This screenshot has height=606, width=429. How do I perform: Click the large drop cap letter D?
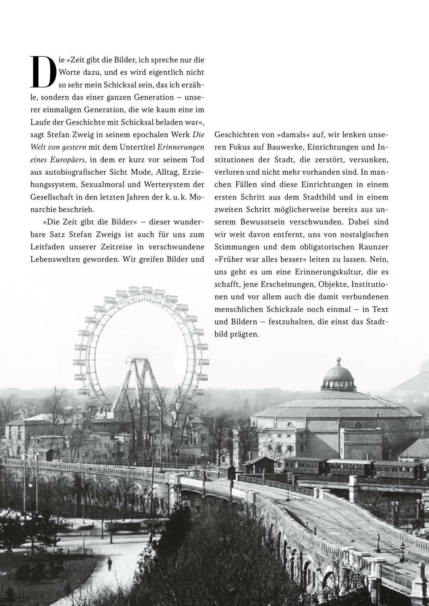pos(44,70)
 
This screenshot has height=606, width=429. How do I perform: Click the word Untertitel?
pos(138,147)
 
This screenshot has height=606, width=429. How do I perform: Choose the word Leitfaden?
pos(48,247)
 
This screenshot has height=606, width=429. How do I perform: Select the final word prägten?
pos(246,334)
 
